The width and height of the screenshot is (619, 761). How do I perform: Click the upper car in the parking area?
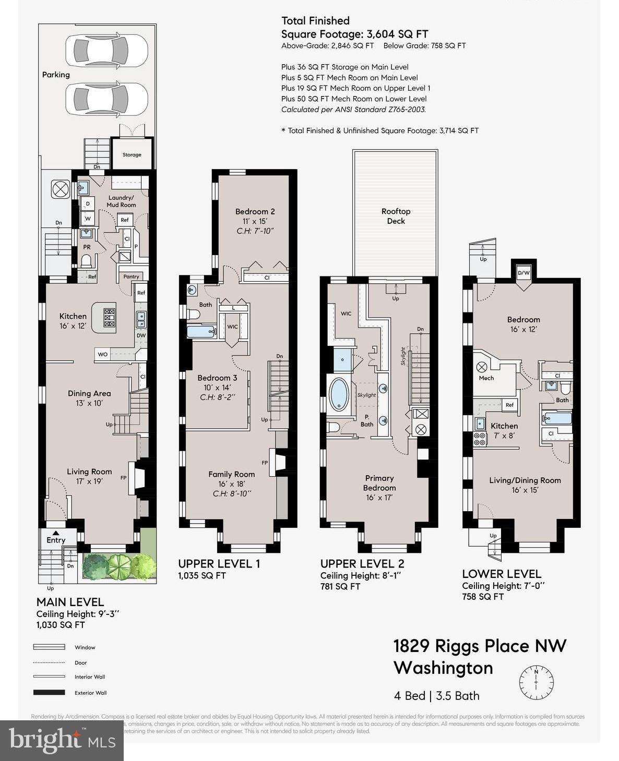(106, 50)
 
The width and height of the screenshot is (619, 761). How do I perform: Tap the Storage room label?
(132, 154)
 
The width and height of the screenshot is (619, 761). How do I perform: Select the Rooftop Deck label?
(396, 216)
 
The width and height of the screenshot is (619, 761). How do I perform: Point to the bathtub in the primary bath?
(340, 394)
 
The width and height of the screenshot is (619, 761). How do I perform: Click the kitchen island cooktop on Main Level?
(110, 318)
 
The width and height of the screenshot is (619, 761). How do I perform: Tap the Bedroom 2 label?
(255, 211)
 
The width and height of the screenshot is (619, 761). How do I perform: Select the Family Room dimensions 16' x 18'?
(232, 484)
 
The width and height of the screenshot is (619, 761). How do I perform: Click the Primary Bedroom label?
(379, 482)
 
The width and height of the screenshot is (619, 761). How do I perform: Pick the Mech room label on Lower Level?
(486, 378)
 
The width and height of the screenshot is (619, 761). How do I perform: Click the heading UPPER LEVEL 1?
(219, 563)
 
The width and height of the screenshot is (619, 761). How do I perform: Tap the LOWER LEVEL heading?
(501, 574)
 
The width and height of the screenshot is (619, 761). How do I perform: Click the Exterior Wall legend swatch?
(49, 693)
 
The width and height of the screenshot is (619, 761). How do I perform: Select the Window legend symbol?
(49, 647)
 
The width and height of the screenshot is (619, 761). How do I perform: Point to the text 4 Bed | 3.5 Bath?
(436, 696)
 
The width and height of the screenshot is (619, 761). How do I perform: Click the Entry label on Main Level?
(56, 540)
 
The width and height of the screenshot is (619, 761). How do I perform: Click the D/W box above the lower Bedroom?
(523, 273)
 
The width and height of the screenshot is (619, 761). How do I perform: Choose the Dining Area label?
(89, 393)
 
